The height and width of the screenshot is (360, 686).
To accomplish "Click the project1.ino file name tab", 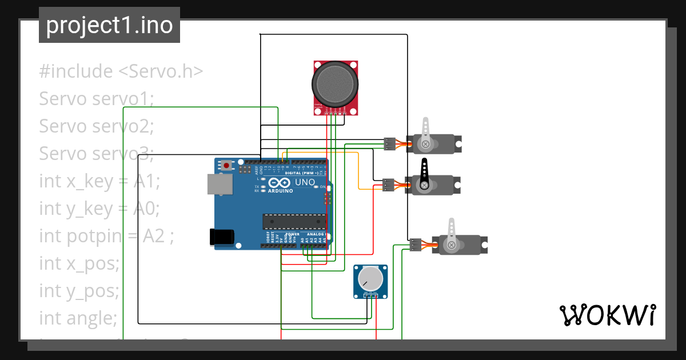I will [x=109, y=25].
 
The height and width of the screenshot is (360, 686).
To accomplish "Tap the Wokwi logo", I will [x=607, y=315].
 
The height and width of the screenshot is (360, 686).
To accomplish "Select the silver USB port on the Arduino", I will [x=220, y=184].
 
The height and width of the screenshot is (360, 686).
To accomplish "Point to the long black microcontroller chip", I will [x=294, y=221].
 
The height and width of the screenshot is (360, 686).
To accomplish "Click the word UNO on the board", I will [x=305, y=183].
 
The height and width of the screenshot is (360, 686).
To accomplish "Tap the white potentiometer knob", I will [x=370, y=278].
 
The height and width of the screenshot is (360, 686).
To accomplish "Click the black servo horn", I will [x=424, y=174].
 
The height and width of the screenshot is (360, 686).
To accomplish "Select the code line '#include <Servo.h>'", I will [x=121, y=71].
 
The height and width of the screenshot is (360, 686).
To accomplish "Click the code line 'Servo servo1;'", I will [x=97, y=99].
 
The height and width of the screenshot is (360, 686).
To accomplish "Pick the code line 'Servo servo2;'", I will [x=97, y=126].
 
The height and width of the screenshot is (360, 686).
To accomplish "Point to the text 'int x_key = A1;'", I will [x=99, y=181].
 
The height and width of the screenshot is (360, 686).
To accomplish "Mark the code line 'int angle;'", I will [x=78, y=317].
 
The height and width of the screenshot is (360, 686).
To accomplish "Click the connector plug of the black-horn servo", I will [x=389, y=185].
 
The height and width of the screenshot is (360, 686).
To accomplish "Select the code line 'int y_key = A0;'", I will [x=99, y=209].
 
